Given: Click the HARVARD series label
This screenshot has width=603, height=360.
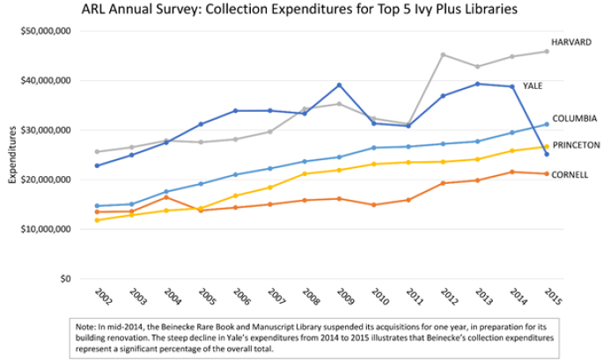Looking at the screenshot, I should [571, 41].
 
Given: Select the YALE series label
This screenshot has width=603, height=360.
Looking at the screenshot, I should [533, 86].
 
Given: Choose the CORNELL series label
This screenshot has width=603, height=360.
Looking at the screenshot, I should [570, 174].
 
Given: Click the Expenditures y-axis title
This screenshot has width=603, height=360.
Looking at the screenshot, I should [12, 154].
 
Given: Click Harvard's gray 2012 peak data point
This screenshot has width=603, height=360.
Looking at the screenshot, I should [443, 55].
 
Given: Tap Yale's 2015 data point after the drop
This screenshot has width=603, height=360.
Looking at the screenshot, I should [547, 154].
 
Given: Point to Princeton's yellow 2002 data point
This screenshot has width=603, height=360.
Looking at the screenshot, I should [98, 220].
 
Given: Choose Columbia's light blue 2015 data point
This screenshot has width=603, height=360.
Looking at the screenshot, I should [547, 124].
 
